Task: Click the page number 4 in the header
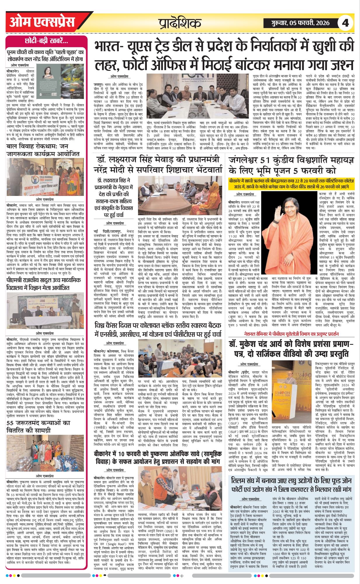pyautogui.click(x=345, y=22)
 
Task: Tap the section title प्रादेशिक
pyautogui.click(x=180, y=23)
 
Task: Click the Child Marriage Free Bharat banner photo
pyautogui.click(x=46, y=177)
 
